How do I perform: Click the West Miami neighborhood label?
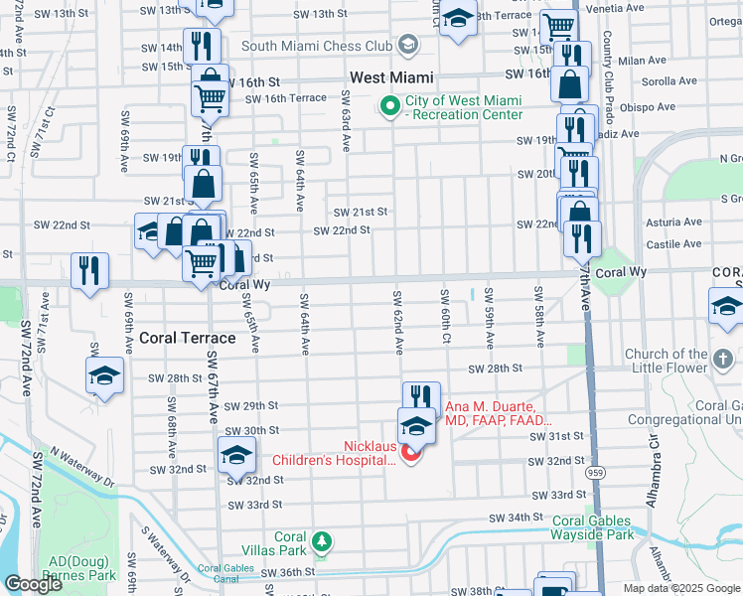click(x=390, y=77)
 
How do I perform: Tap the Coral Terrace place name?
click(x=188, y=338)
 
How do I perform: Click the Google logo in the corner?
click(x=33, y=584)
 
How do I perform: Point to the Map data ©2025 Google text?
click(x=681, y=588)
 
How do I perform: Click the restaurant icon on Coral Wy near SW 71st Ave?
click(x=89, y=270)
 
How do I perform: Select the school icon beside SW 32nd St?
click(x=235, y=455)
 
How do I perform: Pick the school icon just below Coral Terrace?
click(x=103, y=376)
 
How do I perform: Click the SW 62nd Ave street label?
click(x=398, y=323)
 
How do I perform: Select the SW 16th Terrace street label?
click(x=285, y=98)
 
